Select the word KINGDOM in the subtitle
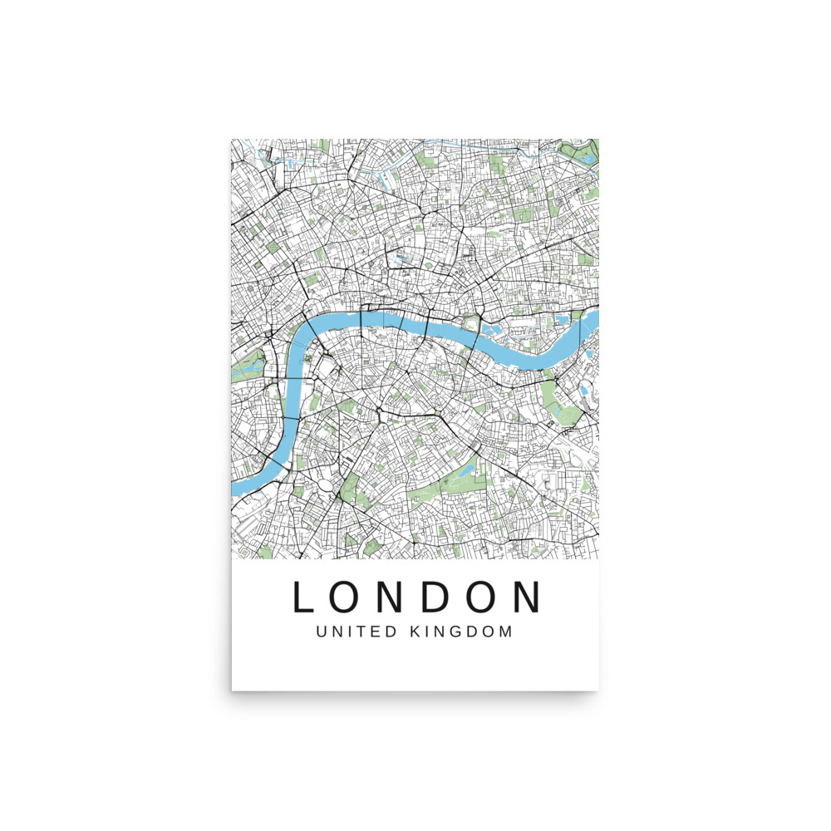point(461,632)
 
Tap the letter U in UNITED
point(322,632)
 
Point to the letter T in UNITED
point(363,632)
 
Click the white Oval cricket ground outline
point(323,485)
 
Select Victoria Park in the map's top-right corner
point(580,151)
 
